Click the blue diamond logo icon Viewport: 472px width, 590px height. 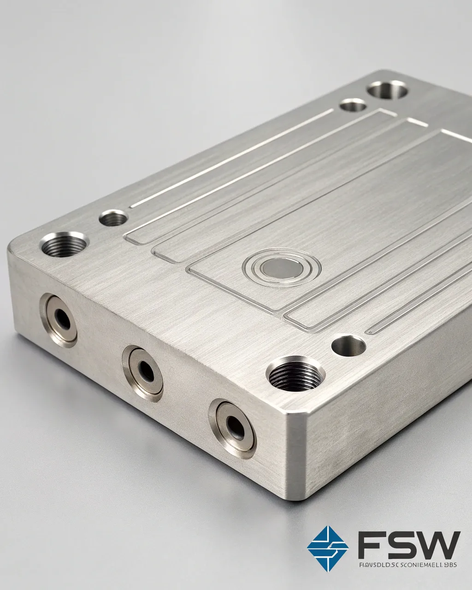click(328, 548)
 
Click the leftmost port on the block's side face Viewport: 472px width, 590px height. click(60, 318)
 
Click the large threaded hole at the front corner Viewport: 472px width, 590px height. click(295, 373)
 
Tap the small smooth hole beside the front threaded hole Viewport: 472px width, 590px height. click(348, 346)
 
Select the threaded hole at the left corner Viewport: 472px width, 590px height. click(65, 244)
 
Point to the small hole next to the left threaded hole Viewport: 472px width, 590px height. click(113, 218)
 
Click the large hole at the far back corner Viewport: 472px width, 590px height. click(388, 89)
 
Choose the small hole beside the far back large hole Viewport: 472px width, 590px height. click(353, 105)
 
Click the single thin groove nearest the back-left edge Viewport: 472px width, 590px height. click(230, 159)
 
